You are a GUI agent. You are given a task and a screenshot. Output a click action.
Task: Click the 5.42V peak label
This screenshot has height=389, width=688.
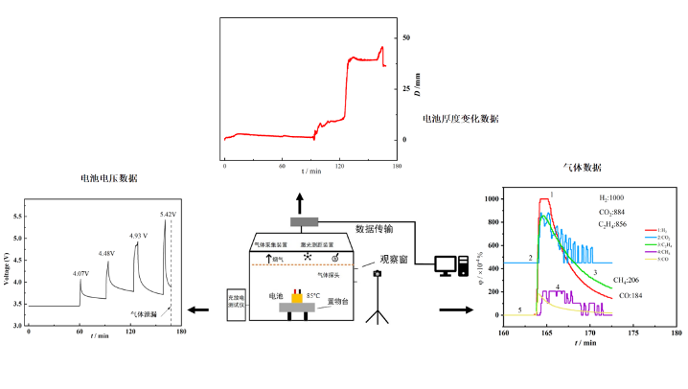point(169,214)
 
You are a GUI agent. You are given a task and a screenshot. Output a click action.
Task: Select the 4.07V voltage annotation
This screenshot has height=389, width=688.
point(81,274)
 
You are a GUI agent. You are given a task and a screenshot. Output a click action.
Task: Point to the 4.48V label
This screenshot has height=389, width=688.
point(106,253)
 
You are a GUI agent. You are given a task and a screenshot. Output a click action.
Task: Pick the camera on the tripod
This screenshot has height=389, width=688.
point(378,274)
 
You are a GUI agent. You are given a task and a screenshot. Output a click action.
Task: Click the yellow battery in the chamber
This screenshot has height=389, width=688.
point(296,298)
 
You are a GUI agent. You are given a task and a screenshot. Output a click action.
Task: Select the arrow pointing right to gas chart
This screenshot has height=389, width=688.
point(454,309)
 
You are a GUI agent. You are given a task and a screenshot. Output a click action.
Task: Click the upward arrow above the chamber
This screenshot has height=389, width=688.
point(299,202)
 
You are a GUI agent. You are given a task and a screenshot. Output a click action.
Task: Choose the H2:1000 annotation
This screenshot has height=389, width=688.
point(609,197)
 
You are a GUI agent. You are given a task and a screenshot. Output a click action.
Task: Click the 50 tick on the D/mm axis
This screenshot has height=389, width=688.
point(405,37)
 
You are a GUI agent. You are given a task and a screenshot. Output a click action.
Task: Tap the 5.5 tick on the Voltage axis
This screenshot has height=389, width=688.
point(18,217)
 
